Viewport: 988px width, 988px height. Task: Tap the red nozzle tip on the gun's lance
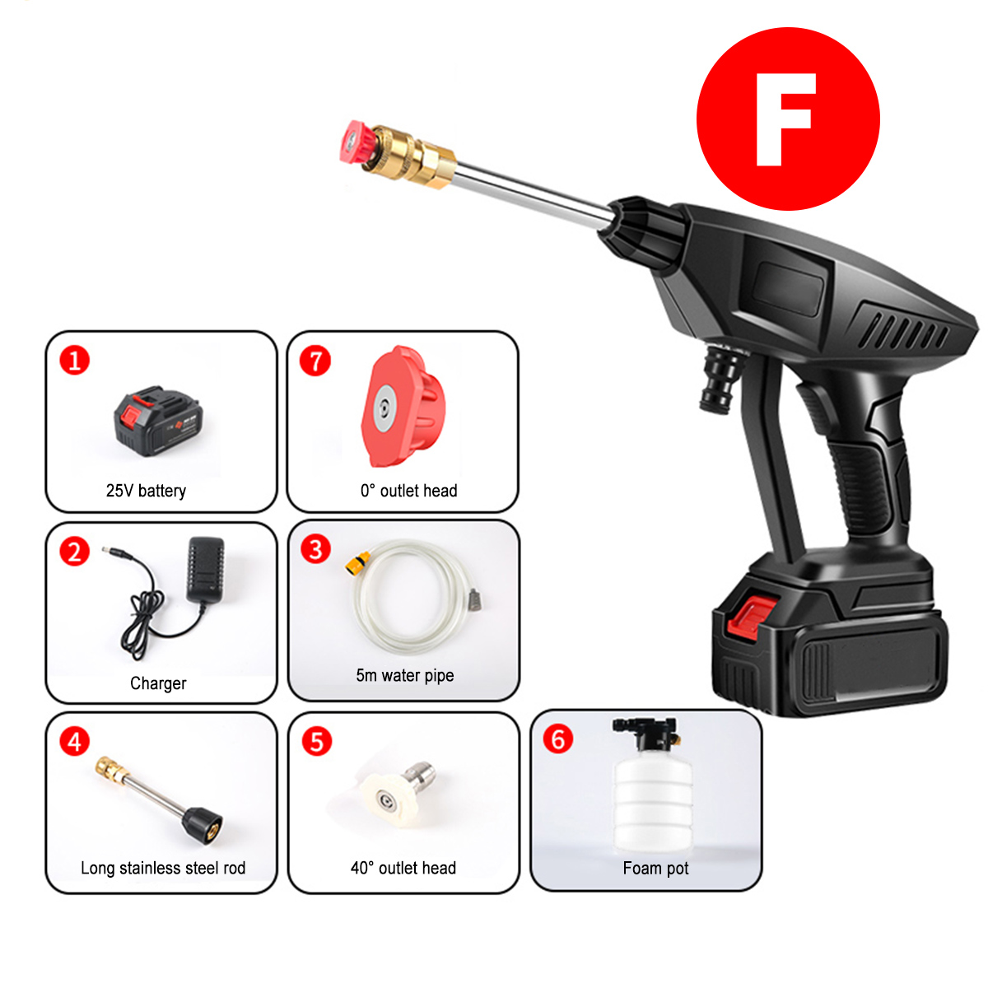point(356,142)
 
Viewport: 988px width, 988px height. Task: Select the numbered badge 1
point(75,360)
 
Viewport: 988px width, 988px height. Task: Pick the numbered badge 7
point(315,360)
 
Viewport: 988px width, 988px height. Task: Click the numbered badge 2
point(75,551)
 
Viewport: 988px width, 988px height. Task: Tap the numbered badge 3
point(315,548)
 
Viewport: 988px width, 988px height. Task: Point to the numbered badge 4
point(75,741)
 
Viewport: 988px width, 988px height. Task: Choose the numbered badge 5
point(317,741)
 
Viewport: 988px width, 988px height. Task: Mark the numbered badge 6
point(558,739)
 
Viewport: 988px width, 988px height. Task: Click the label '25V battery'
point(146,491)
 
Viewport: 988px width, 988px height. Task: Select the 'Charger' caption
point(158,683)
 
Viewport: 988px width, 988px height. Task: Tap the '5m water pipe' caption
point(404,676)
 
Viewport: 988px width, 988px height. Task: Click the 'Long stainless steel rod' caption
point(163,868)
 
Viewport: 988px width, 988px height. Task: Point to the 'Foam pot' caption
point(655,868)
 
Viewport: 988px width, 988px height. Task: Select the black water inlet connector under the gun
point(721,378)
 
